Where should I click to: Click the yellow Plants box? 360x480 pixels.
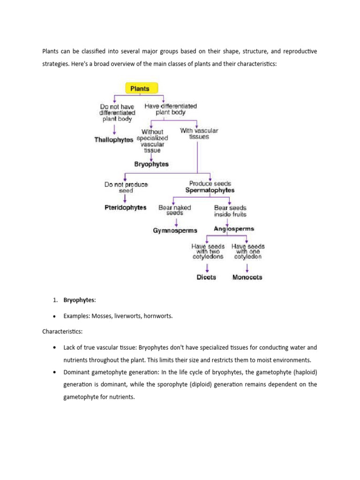pos(141,88)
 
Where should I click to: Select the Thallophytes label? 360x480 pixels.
pos(113,140)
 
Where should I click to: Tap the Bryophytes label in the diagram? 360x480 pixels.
pos(151,165)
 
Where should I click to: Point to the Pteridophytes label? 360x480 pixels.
pos(125,207)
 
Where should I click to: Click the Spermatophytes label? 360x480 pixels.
pos(210,190)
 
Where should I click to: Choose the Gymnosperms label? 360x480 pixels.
pos(175,230)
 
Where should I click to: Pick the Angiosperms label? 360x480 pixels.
pos(234,229)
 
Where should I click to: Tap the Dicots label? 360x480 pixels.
pos(206,277)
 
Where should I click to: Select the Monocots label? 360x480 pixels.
pos(247,277)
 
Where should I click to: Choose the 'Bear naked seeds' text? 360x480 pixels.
pos(175,210)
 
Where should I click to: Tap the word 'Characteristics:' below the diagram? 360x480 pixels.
pos(62,331)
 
